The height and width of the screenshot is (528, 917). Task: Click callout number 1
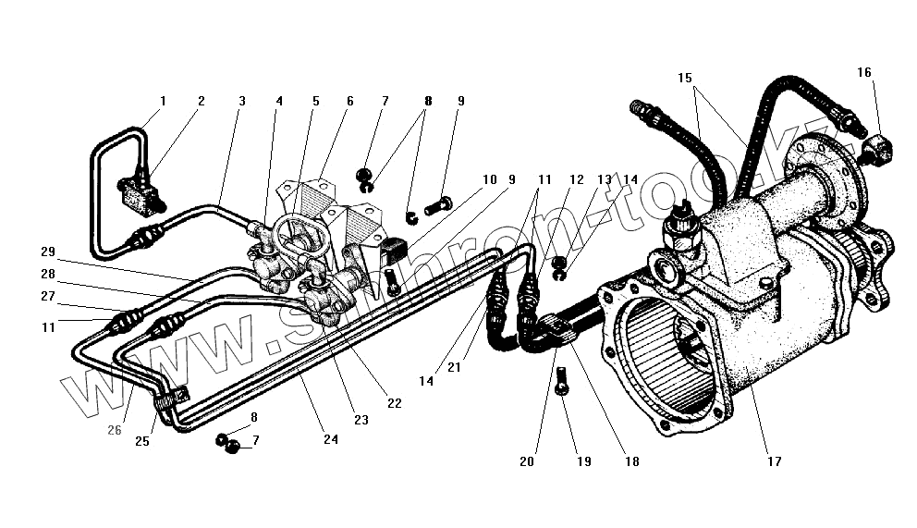click(x=163, y=101)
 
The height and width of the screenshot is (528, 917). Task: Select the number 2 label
click(x=201, y=101)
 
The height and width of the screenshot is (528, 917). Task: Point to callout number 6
click(x=349, y=101)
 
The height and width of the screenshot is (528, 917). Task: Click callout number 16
click(x=863, y=72)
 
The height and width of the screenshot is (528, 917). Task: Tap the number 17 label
click(x=774, y=460)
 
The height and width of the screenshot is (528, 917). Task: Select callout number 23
click(x=361, y=419)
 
